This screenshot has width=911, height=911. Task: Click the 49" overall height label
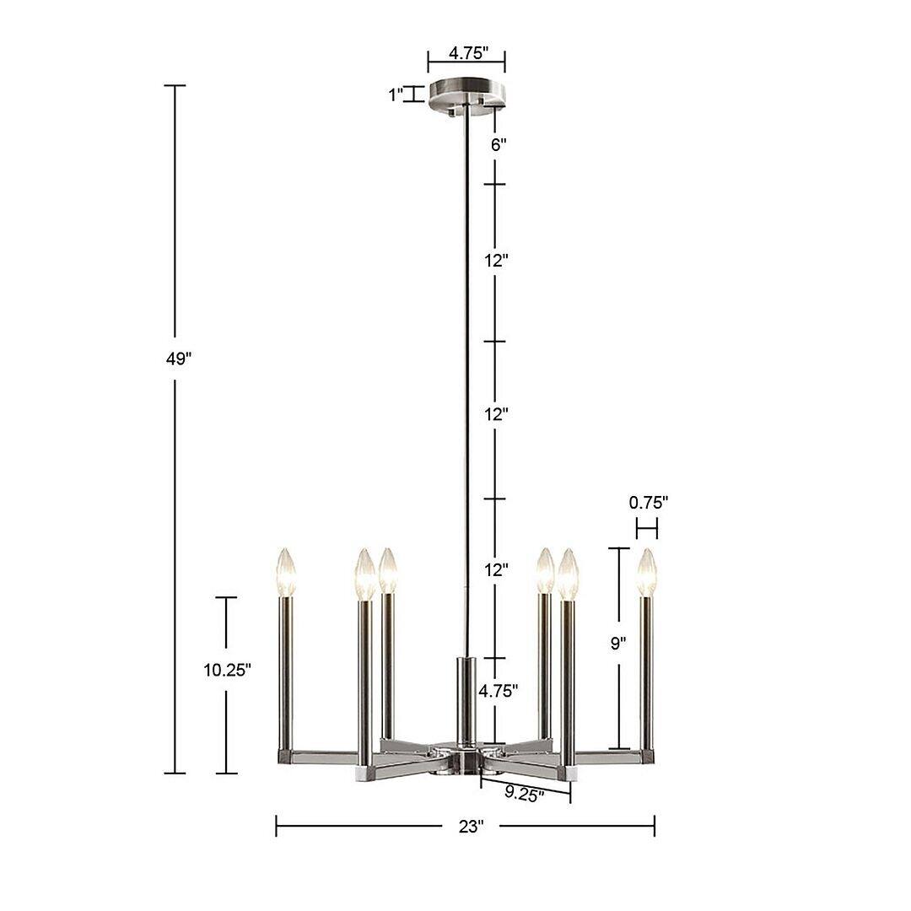tap(179, 358)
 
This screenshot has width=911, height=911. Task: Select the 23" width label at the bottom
tap(472, 827)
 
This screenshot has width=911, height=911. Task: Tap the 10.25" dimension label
tap(227, 671)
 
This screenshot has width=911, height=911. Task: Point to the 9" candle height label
tap(618, 644)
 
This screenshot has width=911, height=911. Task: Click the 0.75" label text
tap(648, 503)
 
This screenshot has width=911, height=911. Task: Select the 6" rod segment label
tap(499, 144)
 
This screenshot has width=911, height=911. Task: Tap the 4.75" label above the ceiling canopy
tap(468, 53)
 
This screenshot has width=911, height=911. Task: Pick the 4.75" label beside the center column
tap(498, 691)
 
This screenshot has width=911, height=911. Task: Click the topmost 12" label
tap(497, 261)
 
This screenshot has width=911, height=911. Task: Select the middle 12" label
tap(497, 415)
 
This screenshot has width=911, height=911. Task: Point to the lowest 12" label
tap(497, 570)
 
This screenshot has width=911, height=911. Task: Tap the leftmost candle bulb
tap(287, 572)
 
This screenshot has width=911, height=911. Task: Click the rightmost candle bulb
tap(647, 573)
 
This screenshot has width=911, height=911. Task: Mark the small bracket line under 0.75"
tap(647, 529)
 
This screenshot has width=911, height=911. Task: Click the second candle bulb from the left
tap(364, 574)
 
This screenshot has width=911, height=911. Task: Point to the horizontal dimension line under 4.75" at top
tap(466, 61)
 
